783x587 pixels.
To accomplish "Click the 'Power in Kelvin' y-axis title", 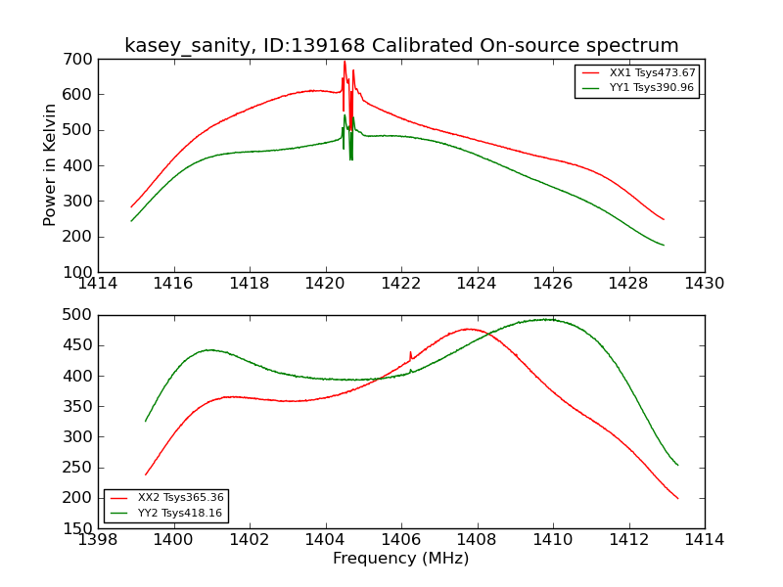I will click(x=50, y=164).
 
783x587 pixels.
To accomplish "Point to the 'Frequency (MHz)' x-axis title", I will click(x=401, y=559).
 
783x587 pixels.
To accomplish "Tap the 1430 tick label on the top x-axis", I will click(x=705, y=284).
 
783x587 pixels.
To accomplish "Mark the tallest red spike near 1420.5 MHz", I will click(x=345, y=62).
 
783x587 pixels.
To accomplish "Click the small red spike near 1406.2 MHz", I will click(x=410, y=353).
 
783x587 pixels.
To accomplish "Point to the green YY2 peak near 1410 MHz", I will click(x=550, y=319).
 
